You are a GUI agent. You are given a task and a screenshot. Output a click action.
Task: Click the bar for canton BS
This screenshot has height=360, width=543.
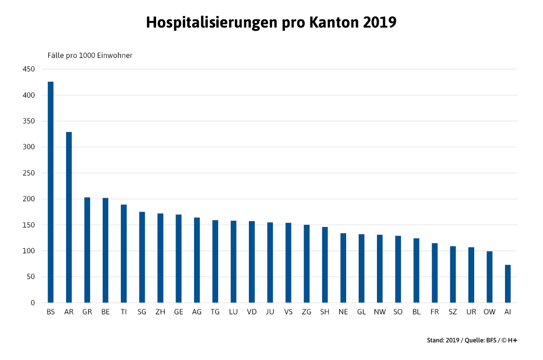[x=51, y=192]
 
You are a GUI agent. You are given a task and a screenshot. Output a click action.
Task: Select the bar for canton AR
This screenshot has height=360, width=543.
[x=69, y=217]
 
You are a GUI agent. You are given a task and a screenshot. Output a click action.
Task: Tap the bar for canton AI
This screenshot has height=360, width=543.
[x=508, y=284]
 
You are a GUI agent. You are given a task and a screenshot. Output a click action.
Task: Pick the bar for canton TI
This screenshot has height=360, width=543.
[x=124, y=254]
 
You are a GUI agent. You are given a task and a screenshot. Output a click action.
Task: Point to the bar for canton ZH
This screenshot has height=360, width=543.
[x=160, y=258]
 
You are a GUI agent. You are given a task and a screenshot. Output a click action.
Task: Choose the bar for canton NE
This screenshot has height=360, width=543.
[x=343, y=268]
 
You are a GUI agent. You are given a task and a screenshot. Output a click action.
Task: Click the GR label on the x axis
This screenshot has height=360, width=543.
[x=87, y=312]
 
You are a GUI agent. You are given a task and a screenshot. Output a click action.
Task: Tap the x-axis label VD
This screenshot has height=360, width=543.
[x=252, y=312]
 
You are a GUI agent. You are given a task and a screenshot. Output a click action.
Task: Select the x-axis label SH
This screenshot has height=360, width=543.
[x=324, y=312]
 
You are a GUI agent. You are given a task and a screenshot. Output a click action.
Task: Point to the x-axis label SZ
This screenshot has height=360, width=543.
[x=452, y=312]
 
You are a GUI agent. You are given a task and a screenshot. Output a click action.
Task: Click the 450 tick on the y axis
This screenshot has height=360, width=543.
[x=29, y=69]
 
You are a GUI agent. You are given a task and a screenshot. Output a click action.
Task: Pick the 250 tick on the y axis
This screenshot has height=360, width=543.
[x=29, y=173]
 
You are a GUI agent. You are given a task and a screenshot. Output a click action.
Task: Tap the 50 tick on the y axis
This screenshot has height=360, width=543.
[x=30, y=277]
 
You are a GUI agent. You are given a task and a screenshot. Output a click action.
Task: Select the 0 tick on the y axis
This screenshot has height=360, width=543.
[x=33, y=303]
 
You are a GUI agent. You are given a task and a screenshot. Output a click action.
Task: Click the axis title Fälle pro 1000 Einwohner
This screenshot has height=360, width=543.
[x=90, y=56]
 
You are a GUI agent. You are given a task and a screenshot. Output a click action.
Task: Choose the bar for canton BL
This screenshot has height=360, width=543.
[x=416, y=270]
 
